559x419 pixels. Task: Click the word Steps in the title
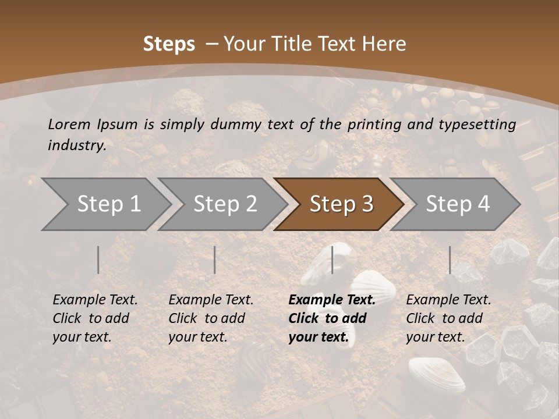[x=169, y=44]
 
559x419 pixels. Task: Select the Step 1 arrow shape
[x=105, y=204]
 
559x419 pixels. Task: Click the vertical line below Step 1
[x=98, y=260]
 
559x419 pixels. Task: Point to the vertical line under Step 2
[x=215, y=260]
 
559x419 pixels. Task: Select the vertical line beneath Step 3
[x=332, y=260]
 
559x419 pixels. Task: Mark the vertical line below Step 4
[x=450, y=260]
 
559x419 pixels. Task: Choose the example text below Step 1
[x=95, y=318]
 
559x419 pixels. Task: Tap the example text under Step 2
[x=211, y=318]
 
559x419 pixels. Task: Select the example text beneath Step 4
[x=448, y=318]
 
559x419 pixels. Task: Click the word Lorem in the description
[x=69, y=124]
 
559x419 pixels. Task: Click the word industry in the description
[x=77, y=145]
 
